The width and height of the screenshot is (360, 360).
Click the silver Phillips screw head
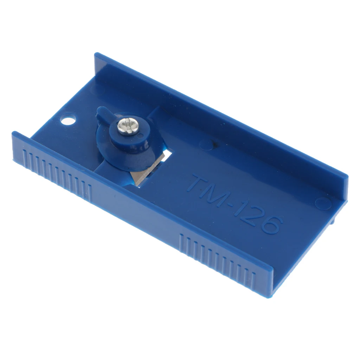point(128,127)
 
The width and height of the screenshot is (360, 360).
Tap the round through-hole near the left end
point(68,120)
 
